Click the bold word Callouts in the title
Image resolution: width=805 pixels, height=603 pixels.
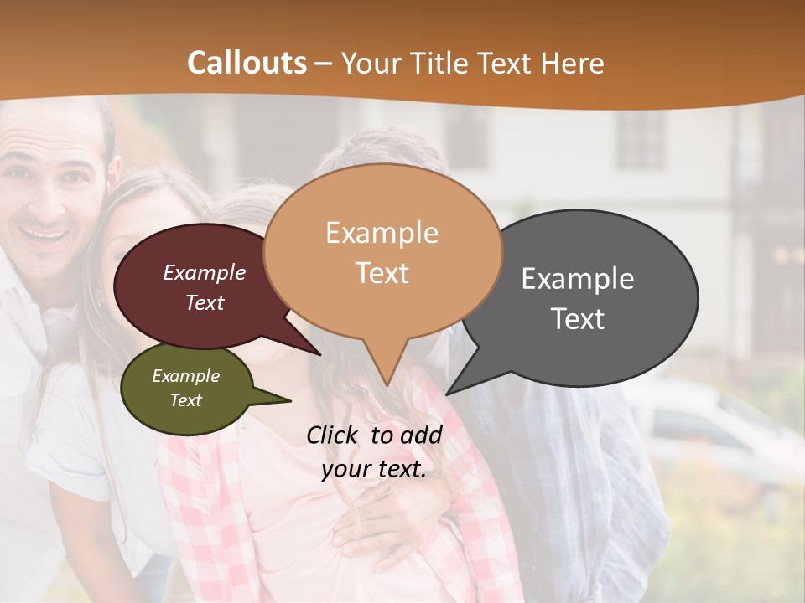coord(247,63)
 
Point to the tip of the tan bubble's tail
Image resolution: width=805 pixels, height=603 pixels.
coord(387,384)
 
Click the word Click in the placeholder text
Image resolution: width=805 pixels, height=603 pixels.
coord(333,435)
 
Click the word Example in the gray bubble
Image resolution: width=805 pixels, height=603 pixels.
coord(577,279)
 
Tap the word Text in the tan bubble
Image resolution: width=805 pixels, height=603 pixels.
coord(382,273)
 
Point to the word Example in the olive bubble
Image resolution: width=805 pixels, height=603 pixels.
coord(185,376)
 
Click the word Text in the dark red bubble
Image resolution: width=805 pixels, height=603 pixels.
coord(205,303)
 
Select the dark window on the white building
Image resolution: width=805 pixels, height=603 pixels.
coord(641,139)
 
